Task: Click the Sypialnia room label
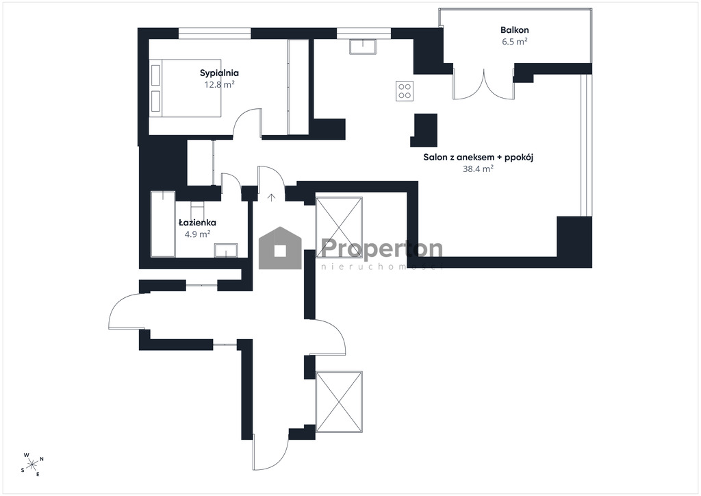click(219, 73)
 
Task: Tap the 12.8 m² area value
click(220, 84)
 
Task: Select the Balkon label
click(515, 30)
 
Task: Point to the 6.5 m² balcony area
click(515, 42)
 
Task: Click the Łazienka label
click(198, 222)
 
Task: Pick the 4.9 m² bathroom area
click(198, 234)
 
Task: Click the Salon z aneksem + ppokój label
click(479, 158)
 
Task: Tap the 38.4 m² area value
click(479, 169)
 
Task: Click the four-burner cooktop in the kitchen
click(405, 91)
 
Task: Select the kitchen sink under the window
click(363, 47)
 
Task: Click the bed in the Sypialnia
click(186, 88)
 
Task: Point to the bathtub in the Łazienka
click(163, 223)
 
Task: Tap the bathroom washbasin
click(226, 251)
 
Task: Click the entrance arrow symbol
click(271, 197)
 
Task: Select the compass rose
click(32, 464)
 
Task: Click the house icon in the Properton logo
click(280, 248)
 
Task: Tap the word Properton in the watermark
click(382, 248)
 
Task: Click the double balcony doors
click(483, 84)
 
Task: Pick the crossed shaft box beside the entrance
click(339, 227)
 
